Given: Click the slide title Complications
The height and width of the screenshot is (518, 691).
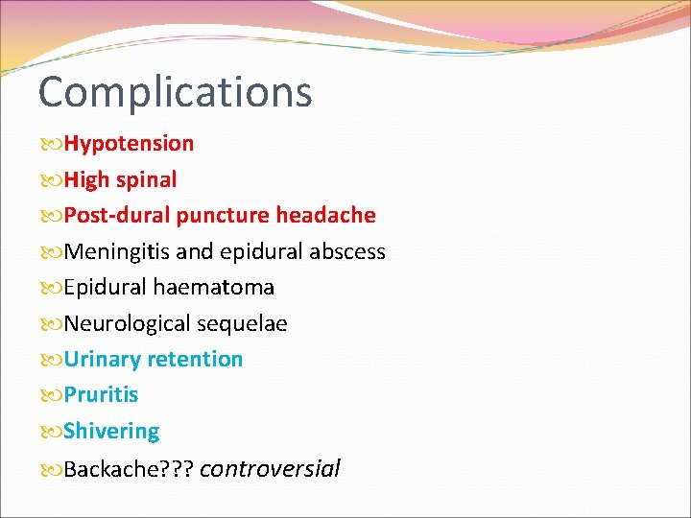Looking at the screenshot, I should (175, 92).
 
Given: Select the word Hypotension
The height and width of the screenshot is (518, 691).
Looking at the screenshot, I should (129, 144).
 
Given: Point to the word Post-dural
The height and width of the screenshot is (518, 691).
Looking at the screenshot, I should (116, 216).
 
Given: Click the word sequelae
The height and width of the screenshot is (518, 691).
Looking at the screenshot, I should (242, 324).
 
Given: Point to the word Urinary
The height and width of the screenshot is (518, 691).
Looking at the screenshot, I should (101, 360).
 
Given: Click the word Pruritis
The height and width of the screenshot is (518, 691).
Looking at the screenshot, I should (101, 395).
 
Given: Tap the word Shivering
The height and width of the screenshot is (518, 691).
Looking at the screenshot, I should (111, 432).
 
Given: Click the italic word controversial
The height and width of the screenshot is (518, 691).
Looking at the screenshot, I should (270, 469).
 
